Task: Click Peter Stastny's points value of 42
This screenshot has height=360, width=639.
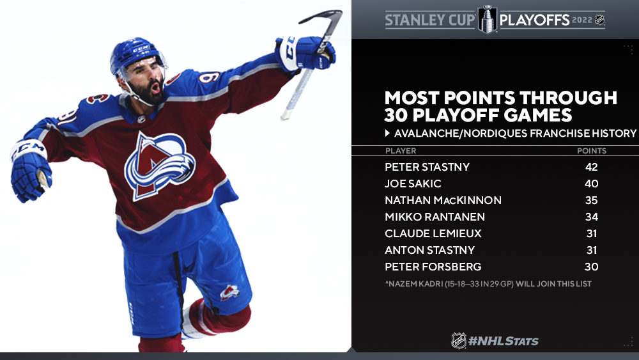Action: coord(591,167)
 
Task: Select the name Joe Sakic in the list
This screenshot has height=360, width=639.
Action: coord(413,184)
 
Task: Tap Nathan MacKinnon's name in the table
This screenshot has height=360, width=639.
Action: coord(443,200)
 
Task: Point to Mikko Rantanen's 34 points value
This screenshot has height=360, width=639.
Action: coord(591,217)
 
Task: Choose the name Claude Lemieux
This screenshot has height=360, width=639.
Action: coord(433,233)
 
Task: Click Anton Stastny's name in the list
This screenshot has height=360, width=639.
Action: coord(429,250)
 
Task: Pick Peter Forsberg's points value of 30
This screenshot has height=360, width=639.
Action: coord(591,267)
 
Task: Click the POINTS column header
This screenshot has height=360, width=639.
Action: coord(591,151)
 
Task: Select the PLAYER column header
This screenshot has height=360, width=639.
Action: coord(401,151)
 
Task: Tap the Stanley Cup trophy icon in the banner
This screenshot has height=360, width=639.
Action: coord(488,19)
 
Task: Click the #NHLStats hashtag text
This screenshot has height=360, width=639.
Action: coord(504,341)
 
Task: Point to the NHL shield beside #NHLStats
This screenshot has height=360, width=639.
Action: coord(458,340)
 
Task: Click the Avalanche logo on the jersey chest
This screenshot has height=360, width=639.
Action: coord(159,165)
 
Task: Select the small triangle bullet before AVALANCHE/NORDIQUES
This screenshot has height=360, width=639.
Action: coord(388,133)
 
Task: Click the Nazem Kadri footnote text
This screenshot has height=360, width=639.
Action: coord(488,284)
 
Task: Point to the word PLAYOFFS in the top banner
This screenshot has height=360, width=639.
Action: coord(534,20)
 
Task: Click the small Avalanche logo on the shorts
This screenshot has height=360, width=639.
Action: coord(229,292)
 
